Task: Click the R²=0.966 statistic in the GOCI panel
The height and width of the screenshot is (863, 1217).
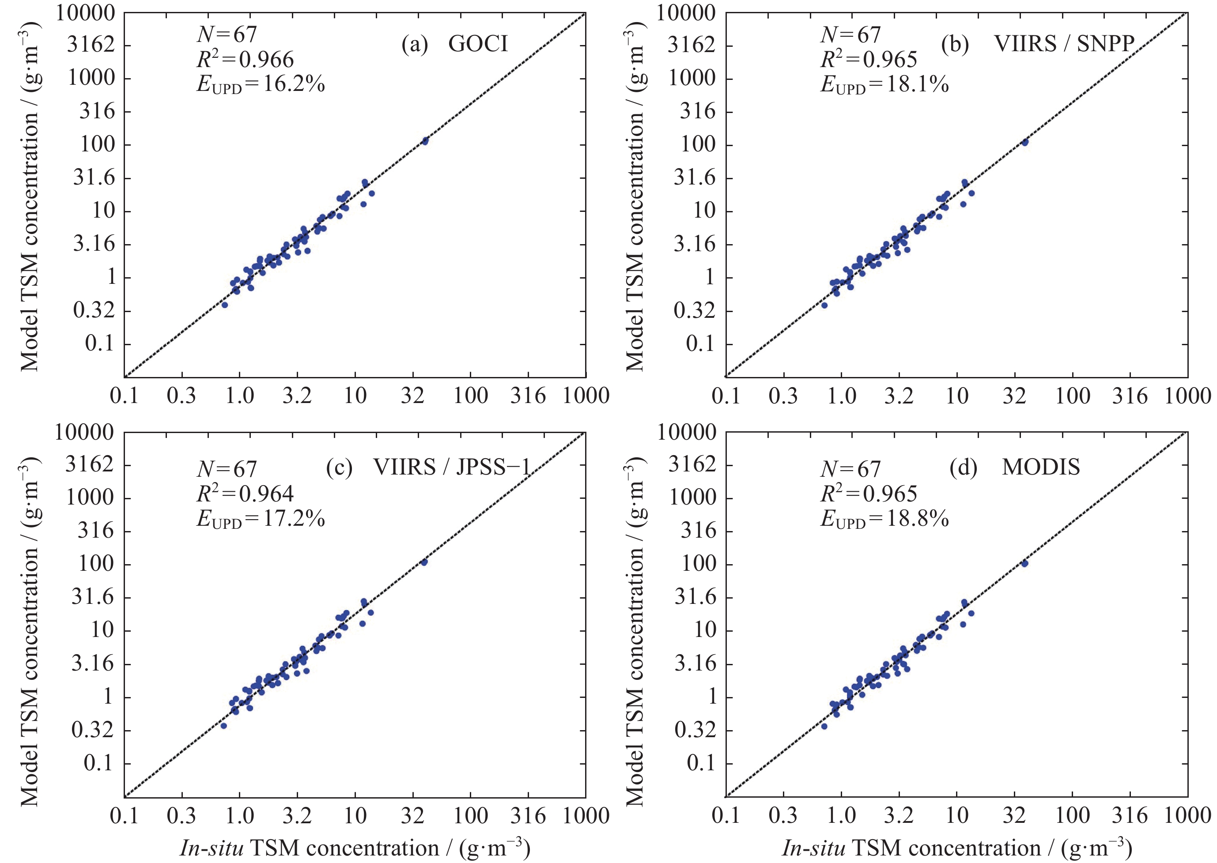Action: (x=245, y=59)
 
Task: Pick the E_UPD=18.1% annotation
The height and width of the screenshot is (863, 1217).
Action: (x=884, y=84)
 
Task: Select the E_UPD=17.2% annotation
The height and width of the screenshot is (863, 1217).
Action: (x=261, y=519)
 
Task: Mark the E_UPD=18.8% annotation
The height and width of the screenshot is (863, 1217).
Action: (x=884, y=519)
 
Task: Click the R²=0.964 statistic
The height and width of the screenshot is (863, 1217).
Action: (x=245, y=494)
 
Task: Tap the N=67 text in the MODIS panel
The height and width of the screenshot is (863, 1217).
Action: (x=850, y=469)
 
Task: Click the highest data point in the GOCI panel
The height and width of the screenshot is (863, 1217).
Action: (x=425, y=141)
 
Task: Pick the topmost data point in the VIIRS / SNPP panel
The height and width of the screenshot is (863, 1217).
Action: (x=1025, y=142)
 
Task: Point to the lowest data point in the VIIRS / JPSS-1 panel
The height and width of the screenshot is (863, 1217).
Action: (x=224, y=726)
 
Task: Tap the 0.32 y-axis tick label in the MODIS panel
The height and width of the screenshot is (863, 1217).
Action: (x=695, y=730)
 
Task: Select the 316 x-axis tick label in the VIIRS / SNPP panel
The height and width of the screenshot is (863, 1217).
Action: (x=1130, y=396)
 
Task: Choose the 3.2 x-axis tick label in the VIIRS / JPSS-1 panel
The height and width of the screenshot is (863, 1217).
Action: (x=297, y=816)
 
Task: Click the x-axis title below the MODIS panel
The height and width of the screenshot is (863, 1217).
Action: (x=956, y=848)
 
